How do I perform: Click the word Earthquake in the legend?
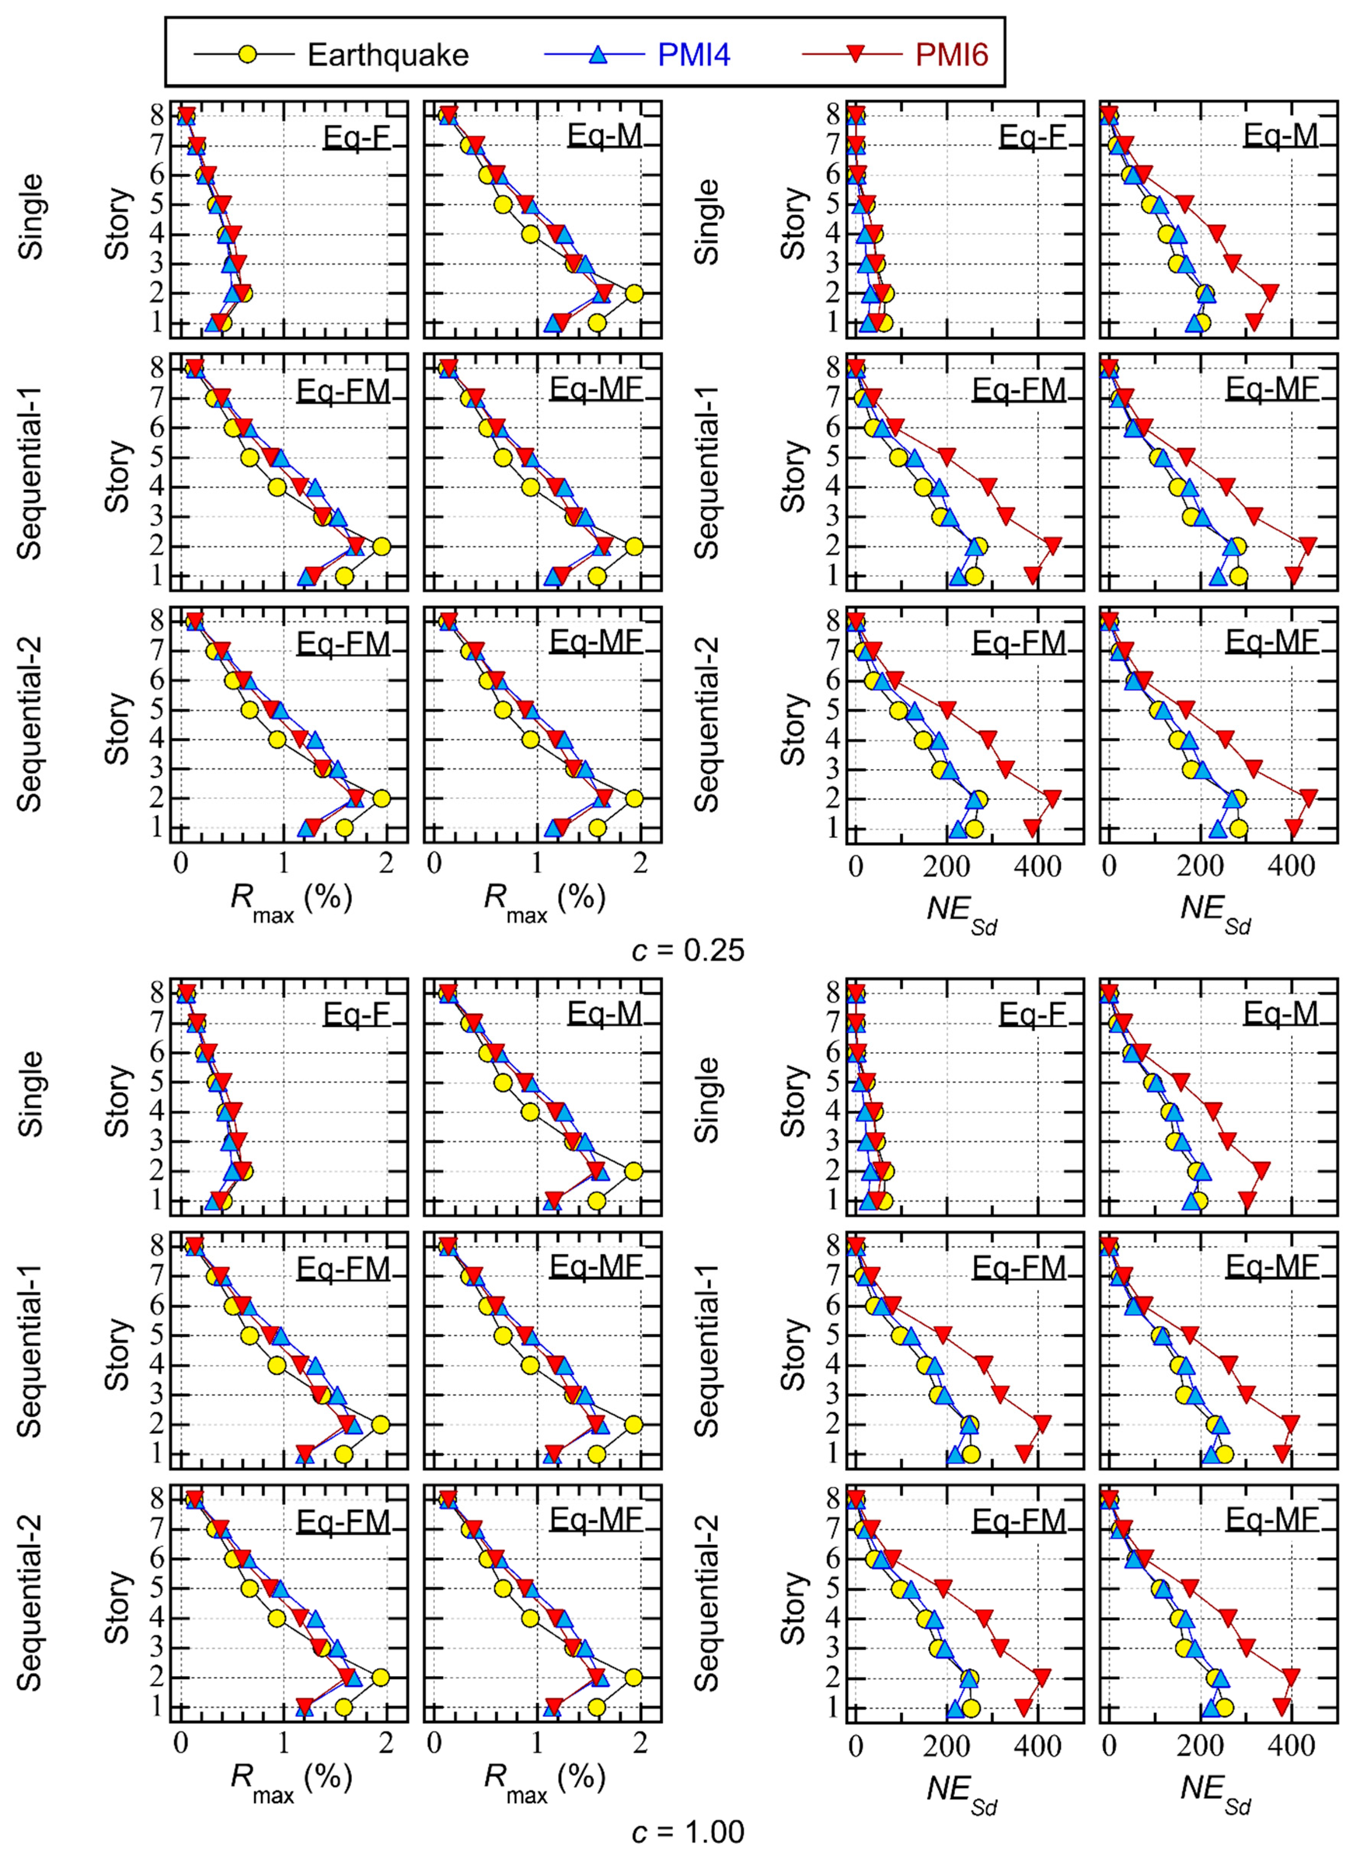(x=388, y=55)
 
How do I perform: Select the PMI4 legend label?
(x=693, y=55)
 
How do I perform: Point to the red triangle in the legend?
(x=856, y=55)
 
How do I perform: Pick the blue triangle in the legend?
(x=598, y=55)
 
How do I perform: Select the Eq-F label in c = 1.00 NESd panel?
(x=1032, y=1014)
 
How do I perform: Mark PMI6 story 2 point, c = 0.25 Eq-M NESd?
(x=1270, y=292)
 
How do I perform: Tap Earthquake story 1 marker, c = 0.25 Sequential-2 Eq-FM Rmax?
(x=344, y=827)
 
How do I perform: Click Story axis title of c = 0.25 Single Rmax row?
(x=118, y=223)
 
